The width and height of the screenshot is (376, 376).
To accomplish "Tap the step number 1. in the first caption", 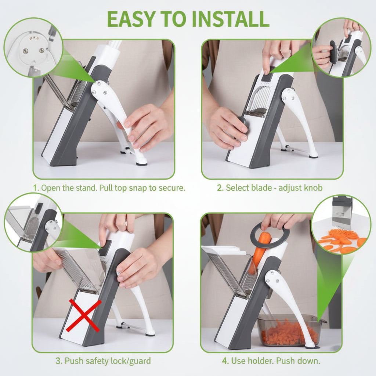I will (36, 188).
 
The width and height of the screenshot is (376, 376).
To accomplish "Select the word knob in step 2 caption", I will (313, 188).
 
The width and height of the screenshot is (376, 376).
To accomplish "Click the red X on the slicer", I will (83, 315).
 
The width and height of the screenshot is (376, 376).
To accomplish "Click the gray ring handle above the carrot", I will (270, 235).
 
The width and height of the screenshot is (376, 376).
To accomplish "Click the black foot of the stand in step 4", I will (311, 346).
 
